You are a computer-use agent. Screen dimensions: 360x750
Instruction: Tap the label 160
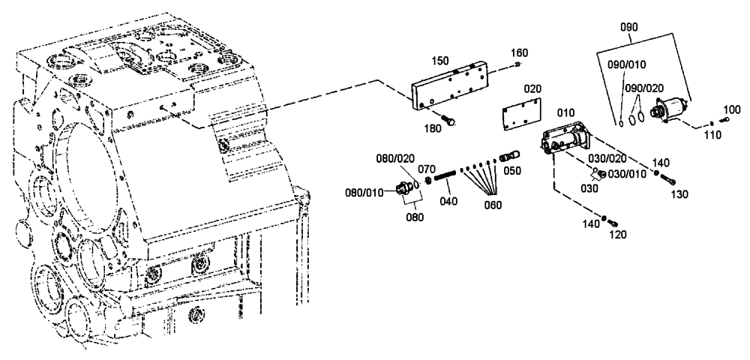point(519,52)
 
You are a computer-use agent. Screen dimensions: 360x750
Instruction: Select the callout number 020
point(532,88)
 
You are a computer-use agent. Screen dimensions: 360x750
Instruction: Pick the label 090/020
point(644,88)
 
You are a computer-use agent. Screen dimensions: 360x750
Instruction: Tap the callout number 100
point(731,110)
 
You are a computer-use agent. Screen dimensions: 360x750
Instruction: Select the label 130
point(679,193)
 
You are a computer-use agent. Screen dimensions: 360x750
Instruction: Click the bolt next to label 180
point(448,118)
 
